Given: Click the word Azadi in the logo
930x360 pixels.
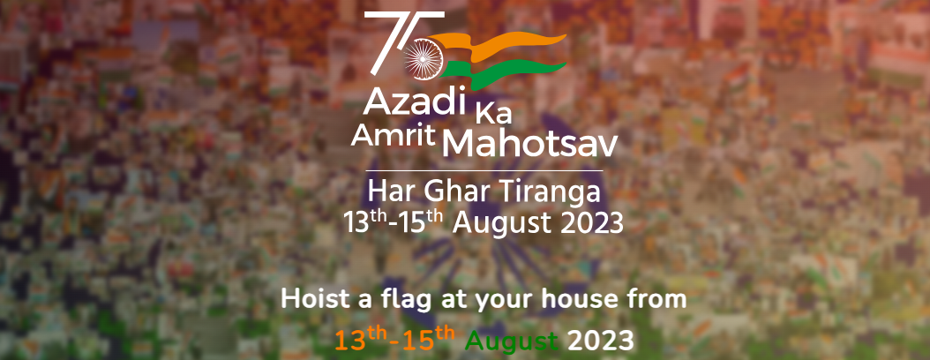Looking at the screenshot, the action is [x=413, y=101].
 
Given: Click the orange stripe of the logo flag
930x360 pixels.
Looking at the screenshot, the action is [x=499, y=44].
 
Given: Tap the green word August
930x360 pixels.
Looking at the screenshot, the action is [x=512, y=342].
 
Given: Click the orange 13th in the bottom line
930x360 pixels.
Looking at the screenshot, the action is [x=360, y=339].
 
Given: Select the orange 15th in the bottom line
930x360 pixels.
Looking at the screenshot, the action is [x=429, y=339].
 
